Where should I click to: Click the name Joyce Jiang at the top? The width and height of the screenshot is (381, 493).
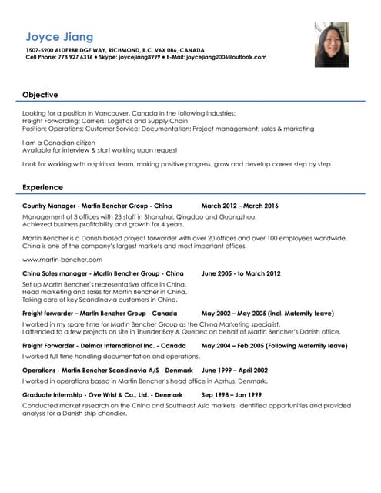point(59,36)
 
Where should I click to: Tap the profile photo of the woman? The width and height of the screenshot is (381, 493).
point(332,44)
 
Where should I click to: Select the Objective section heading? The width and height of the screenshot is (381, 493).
point(40,95)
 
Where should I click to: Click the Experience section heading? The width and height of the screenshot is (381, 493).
point(42,187)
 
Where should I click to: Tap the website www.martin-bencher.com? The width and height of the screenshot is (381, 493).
point(57,260)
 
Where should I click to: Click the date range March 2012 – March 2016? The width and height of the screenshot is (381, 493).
point(239,206)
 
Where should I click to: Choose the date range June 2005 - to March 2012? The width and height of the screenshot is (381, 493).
point(241,273)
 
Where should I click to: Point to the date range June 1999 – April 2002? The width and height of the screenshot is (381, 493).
point(234,370)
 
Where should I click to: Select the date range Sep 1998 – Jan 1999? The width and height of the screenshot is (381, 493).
point(232,394)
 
